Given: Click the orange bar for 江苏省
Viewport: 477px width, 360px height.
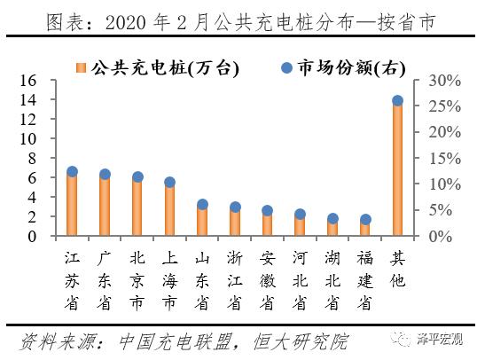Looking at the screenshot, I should click(72, 205).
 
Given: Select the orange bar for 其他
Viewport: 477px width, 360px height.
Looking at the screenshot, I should click(397, 168).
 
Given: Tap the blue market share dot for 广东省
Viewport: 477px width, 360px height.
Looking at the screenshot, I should click(105, 175).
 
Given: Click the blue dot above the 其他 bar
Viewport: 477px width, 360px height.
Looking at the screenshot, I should click(397, 101).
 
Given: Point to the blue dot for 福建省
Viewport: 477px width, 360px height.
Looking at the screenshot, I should click(364, 219).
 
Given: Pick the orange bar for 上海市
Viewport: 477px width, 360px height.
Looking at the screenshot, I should click(169, 210).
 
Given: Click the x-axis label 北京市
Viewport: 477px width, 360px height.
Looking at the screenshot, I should click(137, 280).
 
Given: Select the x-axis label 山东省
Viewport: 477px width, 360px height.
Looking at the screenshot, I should click(202, 280).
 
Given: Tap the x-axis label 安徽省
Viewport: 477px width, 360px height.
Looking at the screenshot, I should click(267, 280).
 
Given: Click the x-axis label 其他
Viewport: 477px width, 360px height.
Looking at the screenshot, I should click(397, 270).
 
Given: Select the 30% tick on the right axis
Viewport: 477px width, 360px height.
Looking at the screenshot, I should click(441, 81).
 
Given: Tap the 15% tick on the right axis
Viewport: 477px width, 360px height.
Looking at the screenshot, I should click(441, 159).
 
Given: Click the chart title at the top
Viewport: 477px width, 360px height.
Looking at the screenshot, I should click(238, 20).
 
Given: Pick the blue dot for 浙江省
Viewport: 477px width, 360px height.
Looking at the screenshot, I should click(235, 207).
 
